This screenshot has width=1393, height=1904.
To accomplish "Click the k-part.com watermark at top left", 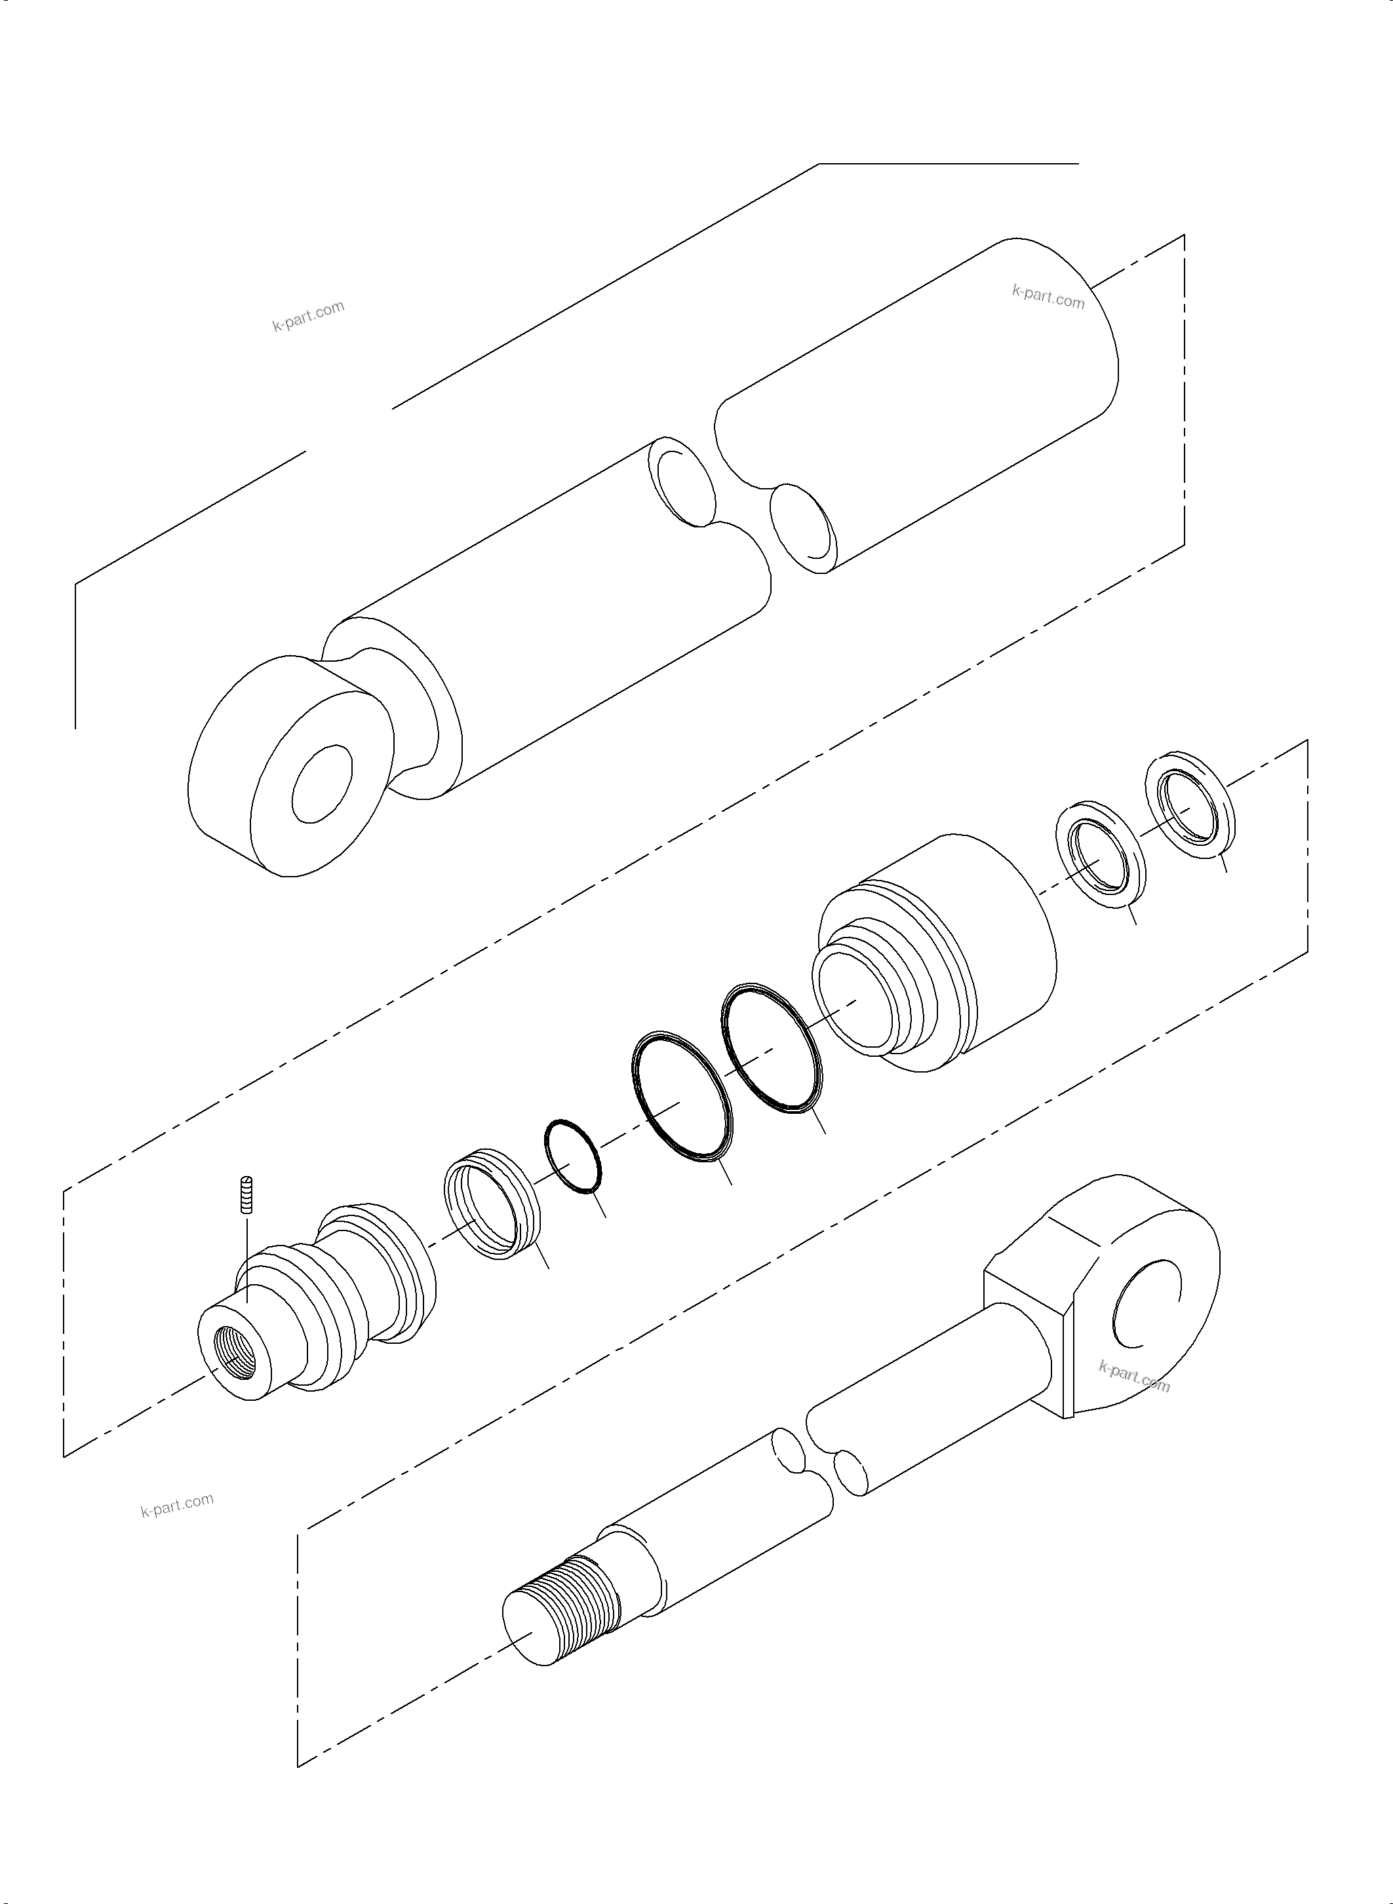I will coord(308,316).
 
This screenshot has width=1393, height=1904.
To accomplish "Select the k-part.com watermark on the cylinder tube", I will coord(1048,297).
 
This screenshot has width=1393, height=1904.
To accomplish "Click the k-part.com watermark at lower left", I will coord(177,1504).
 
